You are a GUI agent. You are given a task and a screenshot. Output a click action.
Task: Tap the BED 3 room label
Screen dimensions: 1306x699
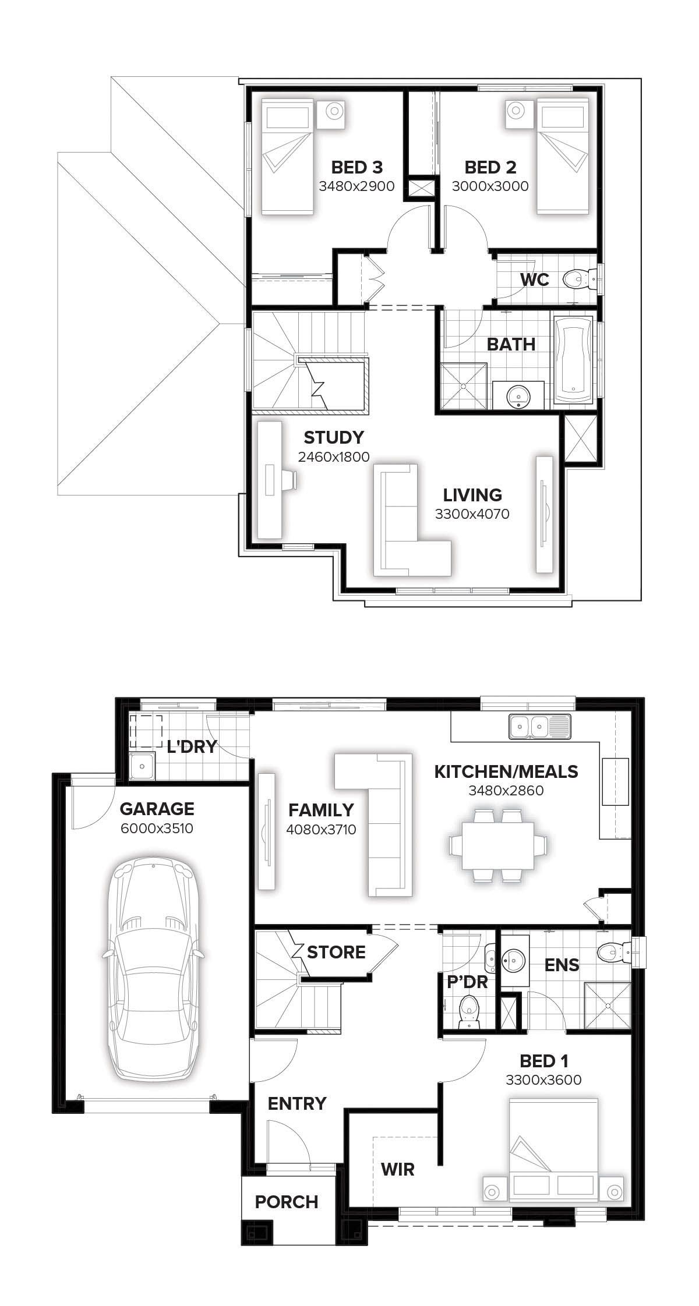356,168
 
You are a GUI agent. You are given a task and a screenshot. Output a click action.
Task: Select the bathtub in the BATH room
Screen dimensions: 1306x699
574,361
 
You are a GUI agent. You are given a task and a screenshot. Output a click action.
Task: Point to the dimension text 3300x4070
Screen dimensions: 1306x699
472,514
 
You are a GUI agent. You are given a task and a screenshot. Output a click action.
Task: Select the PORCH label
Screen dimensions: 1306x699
287,1202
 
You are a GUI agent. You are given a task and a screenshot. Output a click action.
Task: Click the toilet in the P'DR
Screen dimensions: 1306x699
468,1012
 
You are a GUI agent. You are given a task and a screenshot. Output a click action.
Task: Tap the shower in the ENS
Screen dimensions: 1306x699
607,1006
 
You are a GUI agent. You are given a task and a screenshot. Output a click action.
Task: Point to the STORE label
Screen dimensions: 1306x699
336,952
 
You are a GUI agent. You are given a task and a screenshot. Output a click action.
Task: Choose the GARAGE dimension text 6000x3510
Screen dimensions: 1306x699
157,828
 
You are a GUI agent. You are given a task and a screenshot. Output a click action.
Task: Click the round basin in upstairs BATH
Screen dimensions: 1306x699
518,396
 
